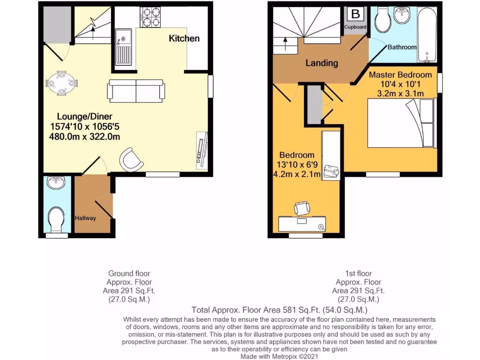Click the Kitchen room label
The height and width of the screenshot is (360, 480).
pyautogui.click(x=184, y=38)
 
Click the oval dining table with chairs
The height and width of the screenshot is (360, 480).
pyautogui.click(x=61, y=83)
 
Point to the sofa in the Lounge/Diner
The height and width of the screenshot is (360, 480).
pyautogui.click(x=136, y=91)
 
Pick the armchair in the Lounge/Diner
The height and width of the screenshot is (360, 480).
pyautogui.click(x=131, y=159)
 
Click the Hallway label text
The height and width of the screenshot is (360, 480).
pyautogui.click(x=85, y=218)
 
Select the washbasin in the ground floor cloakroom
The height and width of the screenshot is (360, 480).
pyautogui.click(x=56, y=182)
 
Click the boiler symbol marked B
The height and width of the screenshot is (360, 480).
pyautogui.click(x=355, y=14)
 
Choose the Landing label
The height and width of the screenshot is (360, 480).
pyautogui.click(x=322, y=63)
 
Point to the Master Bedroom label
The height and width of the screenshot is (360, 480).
pyautogui.click(x=400, y=75)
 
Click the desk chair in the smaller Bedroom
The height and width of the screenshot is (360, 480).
pyautogui.click(x=301, y=207)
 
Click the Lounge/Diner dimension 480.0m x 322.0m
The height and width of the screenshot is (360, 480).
pyautogui.click(x=84, y=137)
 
